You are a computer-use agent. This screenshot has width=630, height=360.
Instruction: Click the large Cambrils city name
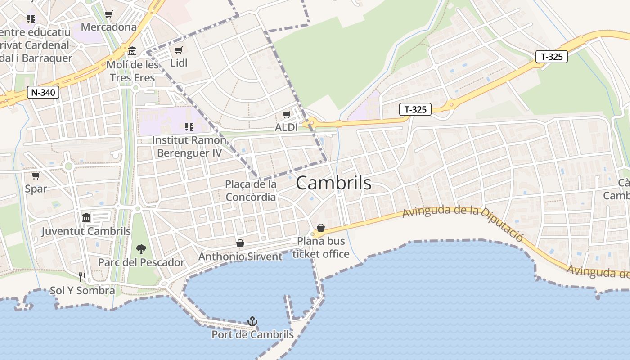coord(334,183)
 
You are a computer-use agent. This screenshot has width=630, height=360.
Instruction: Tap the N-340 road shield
coord(43,93)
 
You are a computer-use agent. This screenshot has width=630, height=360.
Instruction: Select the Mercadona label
coord(108,27)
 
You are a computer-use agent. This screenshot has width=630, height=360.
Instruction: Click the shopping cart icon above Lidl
coord(178,50)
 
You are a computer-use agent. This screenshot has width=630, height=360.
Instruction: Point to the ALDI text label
coord(286,127)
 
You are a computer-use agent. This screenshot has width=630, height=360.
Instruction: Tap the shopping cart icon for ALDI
coord(286,115)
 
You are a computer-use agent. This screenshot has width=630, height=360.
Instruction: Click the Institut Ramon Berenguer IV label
coord(189,146)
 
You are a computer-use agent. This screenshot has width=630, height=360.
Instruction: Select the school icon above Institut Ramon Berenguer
coord(189,127)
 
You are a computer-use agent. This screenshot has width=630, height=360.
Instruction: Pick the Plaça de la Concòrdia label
coord(251,190)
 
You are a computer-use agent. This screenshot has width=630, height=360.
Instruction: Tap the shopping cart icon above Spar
coord(36,175)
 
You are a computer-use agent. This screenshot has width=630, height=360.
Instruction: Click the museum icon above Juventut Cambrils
coord(86,218)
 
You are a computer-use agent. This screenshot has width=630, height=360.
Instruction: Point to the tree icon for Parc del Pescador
coord(141,249)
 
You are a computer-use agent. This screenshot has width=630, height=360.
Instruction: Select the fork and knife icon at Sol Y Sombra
coord(82,277)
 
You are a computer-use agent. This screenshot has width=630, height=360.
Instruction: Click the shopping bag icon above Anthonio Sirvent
coord(240,243)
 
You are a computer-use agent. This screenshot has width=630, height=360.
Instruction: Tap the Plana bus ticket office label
coord(321,247)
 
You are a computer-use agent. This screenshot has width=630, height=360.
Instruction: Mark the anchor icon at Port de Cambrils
coord(252,321)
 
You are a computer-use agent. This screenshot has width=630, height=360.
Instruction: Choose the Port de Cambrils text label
coord(252,335)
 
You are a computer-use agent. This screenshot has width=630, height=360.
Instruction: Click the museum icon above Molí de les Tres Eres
coord(132,52)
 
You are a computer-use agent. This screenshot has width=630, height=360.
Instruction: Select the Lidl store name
coord(179,63)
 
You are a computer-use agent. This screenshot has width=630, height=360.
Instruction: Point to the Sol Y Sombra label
coord(82,290)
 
